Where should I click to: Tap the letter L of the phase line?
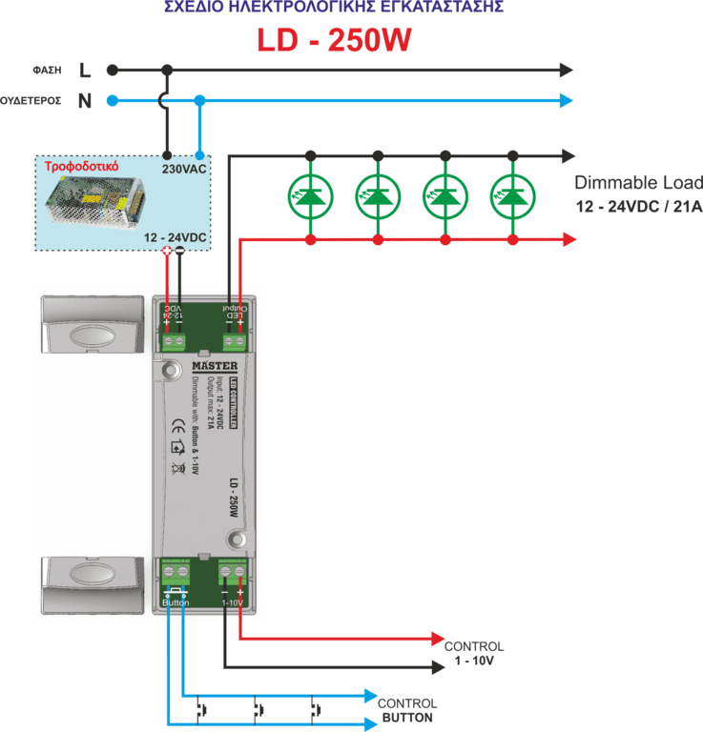coord(85,70)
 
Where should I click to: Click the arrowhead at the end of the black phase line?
coord(567,70)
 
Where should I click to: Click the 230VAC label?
coord(185,169)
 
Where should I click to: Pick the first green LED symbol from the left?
coord(310,195)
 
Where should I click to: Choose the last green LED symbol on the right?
coord(513,195)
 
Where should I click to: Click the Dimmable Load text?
coord(637,183)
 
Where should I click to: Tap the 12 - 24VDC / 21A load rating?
coord(637,207)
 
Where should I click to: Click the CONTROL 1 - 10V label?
coord(474,653)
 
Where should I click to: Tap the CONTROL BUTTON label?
coord(407,710)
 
